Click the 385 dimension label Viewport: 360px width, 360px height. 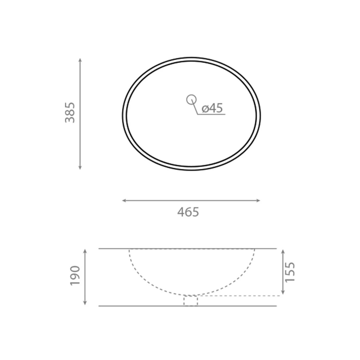(70, 112)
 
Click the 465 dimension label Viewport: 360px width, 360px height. (188, 212)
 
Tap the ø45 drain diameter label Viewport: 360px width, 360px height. (212, 108)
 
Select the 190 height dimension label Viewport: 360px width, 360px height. (75, 275)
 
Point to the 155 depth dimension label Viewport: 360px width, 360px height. (289, 272)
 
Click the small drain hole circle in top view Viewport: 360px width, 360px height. (191, 100)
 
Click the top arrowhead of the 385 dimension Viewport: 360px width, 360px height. (80, 60)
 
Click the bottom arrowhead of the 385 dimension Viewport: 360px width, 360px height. (80, 168)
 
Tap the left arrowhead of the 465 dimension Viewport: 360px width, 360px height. (124, 200)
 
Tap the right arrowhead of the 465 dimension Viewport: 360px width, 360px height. (258, 200)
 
